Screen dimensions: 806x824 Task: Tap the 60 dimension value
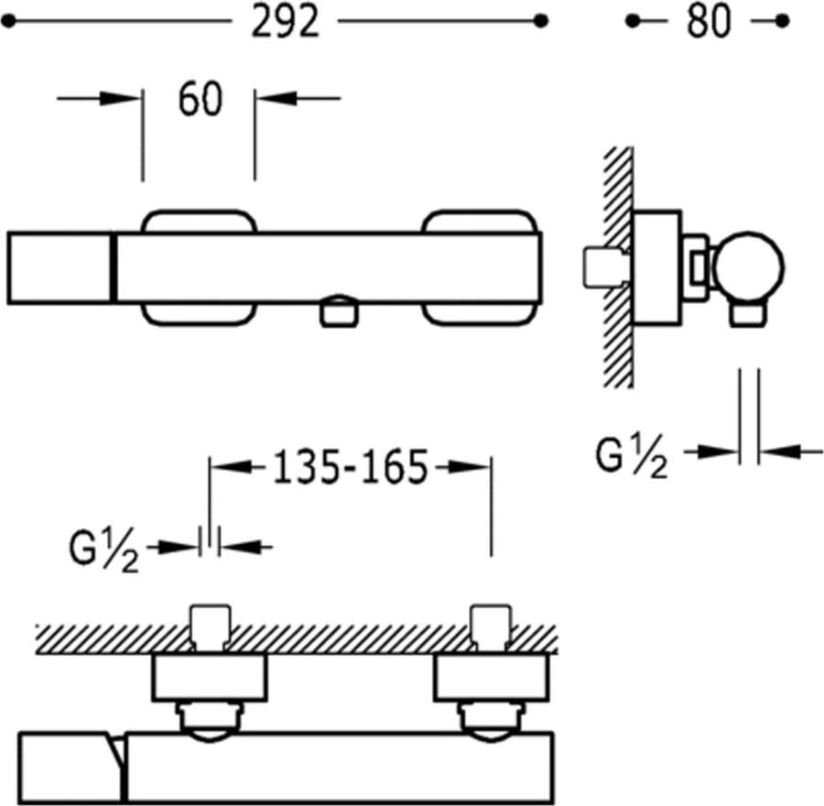point(200,100)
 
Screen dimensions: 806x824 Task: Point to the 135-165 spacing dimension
point(352,468)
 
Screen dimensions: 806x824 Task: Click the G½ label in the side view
point(632,458)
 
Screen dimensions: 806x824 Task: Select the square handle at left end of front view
point(59,267)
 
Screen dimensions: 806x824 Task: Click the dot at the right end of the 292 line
point(541,20)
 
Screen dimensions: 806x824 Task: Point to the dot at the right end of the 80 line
point(781,20)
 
